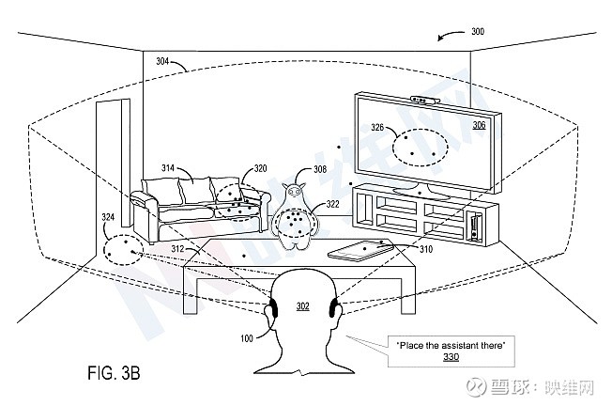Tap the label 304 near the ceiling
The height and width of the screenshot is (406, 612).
[162, 62]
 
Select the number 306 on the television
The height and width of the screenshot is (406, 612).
[479, 125]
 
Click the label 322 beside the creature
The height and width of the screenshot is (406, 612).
[332, 205]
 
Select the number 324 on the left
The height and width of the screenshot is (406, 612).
[109, 219]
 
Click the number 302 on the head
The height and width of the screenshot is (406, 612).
[303, 305]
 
